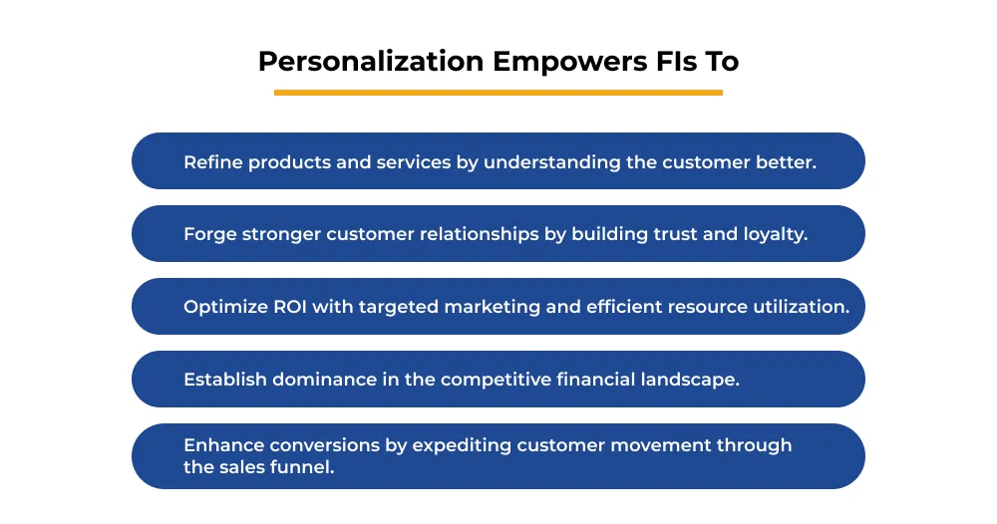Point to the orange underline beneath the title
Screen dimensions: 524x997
click(x=498, y=93)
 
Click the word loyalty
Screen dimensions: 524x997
click(x=775, y=234)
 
